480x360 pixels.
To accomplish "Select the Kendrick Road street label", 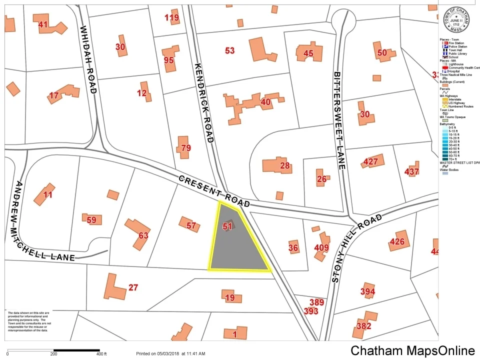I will [204, 102].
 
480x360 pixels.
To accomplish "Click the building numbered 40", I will [265, 102].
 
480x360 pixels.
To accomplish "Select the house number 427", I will [370, 161].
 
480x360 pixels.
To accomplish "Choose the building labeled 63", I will [143, 235].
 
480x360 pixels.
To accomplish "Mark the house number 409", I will [321, 247].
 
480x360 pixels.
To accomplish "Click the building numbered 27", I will [133, 287].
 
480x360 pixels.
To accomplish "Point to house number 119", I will [171, 18].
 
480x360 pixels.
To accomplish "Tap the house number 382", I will [363, 326].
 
